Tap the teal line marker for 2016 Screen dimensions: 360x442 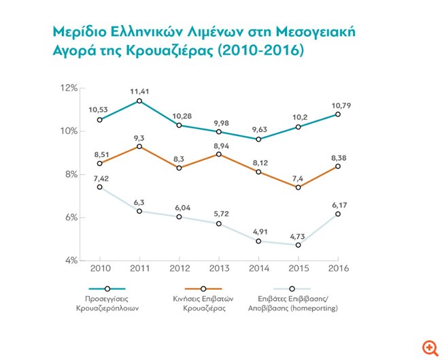(338, 114)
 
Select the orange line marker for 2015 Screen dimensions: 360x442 (298, 187)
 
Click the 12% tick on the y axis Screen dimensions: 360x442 (70, 88)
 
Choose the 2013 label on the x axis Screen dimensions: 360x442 (219, 269)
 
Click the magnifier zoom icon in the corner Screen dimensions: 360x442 (430, 348)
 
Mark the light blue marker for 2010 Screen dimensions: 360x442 (100, 187)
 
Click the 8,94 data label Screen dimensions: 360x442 (219, 144)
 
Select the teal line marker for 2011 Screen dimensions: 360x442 (139, 101)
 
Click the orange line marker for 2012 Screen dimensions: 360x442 (179, 167)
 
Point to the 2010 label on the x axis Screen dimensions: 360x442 (100, 269)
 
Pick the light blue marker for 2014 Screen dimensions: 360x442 (258, 241)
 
